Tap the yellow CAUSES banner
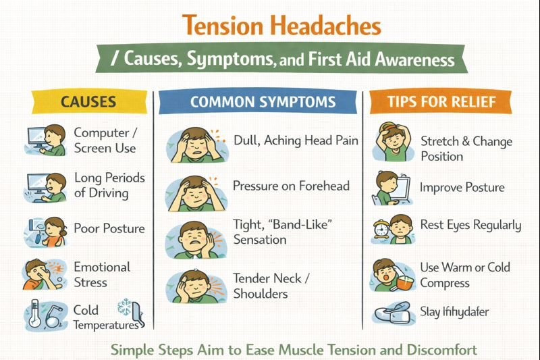pyautogui.click(x=88, y=102)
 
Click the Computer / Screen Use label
pyautogui.click(x=105, y=140)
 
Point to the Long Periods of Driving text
pyautogui.click(x=109, y=184)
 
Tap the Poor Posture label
pyautogui.click(x=109, y=228)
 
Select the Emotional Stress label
pyautogui.click(x=102, y=274)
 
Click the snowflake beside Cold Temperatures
pyautogui.click(x=126, y=307)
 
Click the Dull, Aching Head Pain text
pyautogui.click(x=296, y=141)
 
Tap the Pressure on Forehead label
pyautogui.click(x=291, y=185)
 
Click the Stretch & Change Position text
pyautogui.click(x=466, y=149)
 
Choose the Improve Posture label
pyautogui.click(x=462, y=187)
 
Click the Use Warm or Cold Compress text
pyautogui.click(x=465, y=275)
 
